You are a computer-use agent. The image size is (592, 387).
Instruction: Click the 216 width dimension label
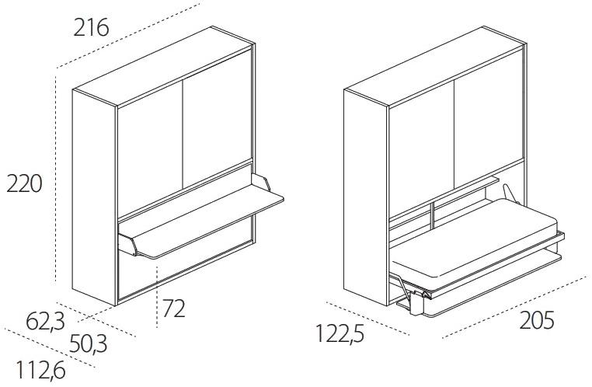[x=91, y=28]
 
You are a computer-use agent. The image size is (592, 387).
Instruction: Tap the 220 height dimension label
[x=24, y=184]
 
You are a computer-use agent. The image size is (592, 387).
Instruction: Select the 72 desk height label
[x=174, y=309]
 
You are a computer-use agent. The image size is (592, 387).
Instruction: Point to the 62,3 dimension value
[x=45, y=322]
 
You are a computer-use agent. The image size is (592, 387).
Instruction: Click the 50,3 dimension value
[x=89, y=344]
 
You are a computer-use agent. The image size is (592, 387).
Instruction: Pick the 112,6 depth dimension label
[x=40, y=370]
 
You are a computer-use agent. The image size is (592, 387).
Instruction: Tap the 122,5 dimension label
[x=340, y=333]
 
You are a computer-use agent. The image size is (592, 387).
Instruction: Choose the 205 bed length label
[x=537, y=320]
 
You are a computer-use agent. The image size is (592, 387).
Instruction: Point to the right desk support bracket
[x=261, y=182]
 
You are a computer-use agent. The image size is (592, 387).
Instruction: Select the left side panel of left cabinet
[x=94, y=197]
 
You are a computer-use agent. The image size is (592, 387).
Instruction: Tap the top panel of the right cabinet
[x=434, y=67]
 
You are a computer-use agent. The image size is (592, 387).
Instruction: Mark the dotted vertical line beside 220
[x=56, y=179]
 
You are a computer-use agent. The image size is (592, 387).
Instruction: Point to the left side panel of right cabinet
[x=365, y=197]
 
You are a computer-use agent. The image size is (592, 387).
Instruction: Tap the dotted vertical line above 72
[x=157, y=296]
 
